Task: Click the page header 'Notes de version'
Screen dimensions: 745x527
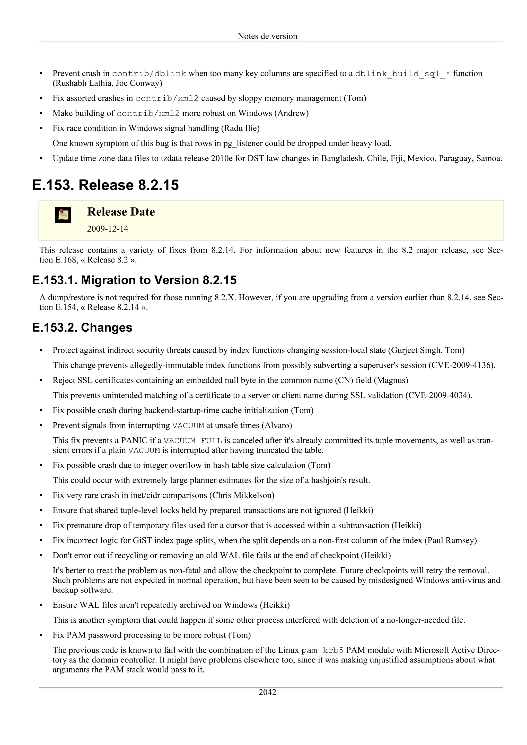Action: tap(267, 36)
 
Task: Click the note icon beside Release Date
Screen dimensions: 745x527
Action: tap(63, 215)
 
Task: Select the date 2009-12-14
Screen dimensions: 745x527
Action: tap(108, 229)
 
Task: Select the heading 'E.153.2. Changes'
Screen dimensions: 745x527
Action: tap(82, 328)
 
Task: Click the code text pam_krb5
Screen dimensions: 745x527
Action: tap(322, 651)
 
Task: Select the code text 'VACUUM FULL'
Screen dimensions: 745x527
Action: tap(192, 441)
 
